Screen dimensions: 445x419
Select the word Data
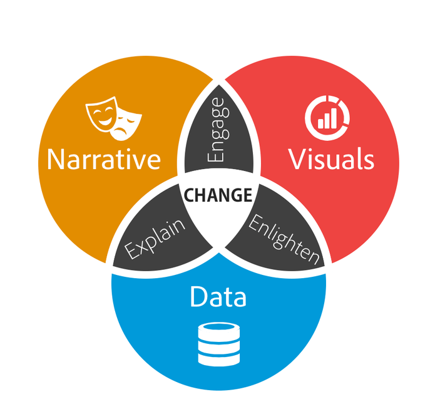218,296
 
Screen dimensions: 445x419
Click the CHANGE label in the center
218,195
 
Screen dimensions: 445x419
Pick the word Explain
156,239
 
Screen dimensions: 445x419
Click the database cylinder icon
218,344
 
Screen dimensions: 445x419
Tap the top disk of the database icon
218,331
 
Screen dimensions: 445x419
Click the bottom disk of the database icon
218,359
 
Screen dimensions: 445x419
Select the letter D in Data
198,296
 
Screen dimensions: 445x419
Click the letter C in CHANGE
188,195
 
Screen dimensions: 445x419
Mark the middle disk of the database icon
218,345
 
